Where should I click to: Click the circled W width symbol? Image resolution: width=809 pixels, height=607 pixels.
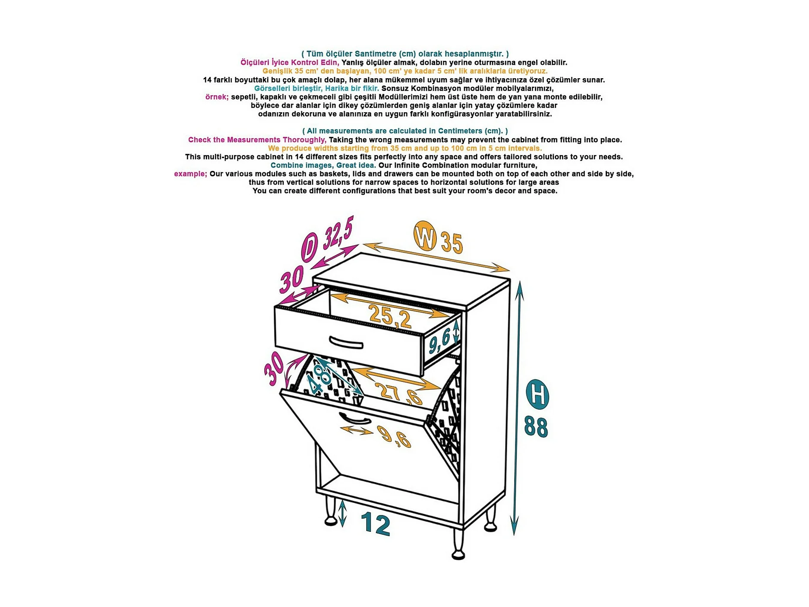pyautogui.click(x=425, y=236)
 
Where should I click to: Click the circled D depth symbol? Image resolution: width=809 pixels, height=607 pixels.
pyautogui.click(x=309, y=248)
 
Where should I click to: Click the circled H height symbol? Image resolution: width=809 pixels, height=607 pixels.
pyautogui.click(x=537, y=394)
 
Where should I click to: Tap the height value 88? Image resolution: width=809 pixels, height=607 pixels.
pyautogui.click(x=536, y=427)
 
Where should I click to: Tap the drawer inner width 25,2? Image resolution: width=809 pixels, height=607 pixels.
pyautogui.click(x=390, y=316)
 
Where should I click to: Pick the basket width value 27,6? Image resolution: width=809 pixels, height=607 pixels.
pyautogui.click(x=400, y=393)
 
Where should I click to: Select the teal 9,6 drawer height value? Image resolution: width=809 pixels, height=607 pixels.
pyautogui.click(x=439, y=340)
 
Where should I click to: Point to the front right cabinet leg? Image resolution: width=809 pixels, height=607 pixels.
pyautogui.click(x=458, y=544)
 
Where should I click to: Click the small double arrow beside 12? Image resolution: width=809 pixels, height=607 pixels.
pyautogui.click(x=342, y=513)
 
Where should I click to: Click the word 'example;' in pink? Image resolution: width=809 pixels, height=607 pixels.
pyautogui.click(x=190, y=174)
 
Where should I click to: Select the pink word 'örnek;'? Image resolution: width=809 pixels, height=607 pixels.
pyautogui.click(x=217, y=97)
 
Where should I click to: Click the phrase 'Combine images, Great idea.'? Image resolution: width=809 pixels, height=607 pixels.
pyautogui.click(x=323, y=165)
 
